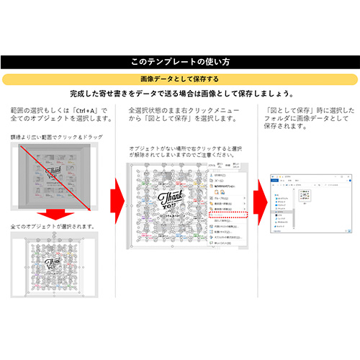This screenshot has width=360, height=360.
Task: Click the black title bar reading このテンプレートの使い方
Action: click(180, 63)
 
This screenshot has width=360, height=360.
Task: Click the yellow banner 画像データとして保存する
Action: click(180, 78)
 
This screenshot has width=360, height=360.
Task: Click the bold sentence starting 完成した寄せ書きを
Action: click(180, 94)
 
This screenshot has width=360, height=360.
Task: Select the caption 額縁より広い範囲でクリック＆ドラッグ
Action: click(56, 137)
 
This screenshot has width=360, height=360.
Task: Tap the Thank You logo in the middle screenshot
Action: click(170, 198)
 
